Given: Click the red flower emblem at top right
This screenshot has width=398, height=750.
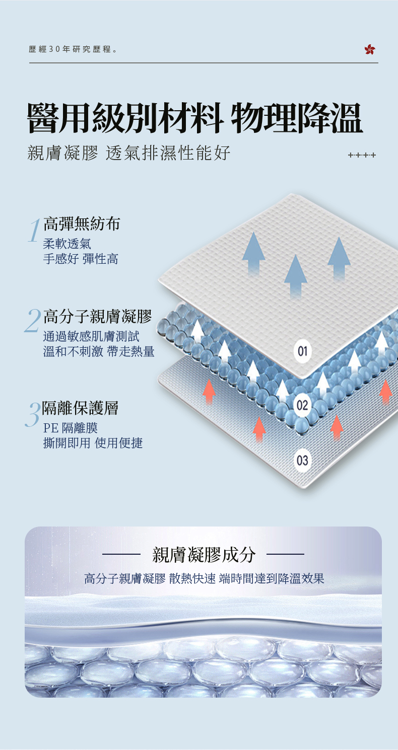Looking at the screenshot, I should coord(370,49).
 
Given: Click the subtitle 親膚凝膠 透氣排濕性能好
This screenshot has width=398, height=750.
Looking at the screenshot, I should coord(129,152).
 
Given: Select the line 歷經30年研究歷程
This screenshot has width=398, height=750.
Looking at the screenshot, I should coord(74,50).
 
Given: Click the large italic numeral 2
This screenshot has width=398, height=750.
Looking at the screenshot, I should coord(33,320).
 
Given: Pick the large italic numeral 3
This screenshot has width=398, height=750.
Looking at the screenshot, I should coord(33,414).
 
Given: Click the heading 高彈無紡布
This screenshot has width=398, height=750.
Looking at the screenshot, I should coord(82,223).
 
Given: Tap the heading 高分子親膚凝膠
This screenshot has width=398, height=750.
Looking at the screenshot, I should coord(97,316).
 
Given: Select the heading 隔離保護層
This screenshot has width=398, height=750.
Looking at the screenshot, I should coord(80,408).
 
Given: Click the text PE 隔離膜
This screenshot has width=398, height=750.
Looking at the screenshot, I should coord(71,428).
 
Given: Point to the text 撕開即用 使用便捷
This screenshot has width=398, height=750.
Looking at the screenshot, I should coord(93,443).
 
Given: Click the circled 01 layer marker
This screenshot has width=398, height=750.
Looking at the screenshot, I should coord(302,351).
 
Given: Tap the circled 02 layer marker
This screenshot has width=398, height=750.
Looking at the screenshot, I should coord(302,406).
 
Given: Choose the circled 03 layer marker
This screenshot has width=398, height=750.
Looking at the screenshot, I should coord(302,460).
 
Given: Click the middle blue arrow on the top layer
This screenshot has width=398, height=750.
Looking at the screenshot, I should coord(295,274).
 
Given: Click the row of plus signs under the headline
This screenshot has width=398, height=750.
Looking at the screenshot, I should coord(362,156).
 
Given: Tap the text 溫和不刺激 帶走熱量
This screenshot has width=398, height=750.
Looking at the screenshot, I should coord(99,351).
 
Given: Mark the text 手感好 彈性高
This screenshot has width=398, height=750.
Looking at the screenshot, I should coord(81,259).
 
